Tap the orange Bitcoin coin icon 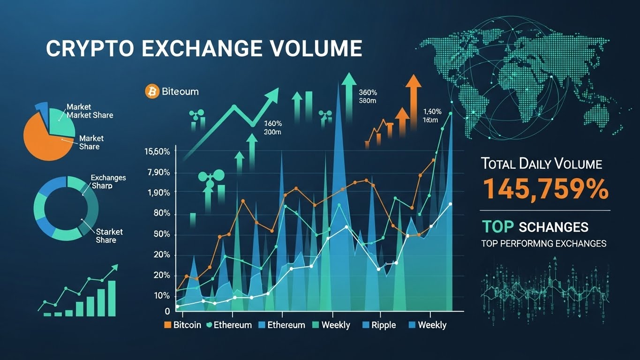click(x=152, y=91)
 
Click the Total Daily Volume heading click(x=541, y=164)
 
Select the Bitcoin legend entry click(x=182, y=325)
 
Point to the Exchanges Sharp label click(x=108, y=182)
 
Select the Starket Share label click(x=109, y=236)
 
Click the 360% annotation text click(x=368, y=92)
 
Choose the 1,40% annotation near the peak click(x=432, y=112)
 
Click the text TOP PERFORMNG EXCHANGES click(x=543, y=244)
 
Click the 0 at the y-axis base click(x=167, y=311)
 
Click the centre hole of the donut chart click(x=66, y=207)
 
